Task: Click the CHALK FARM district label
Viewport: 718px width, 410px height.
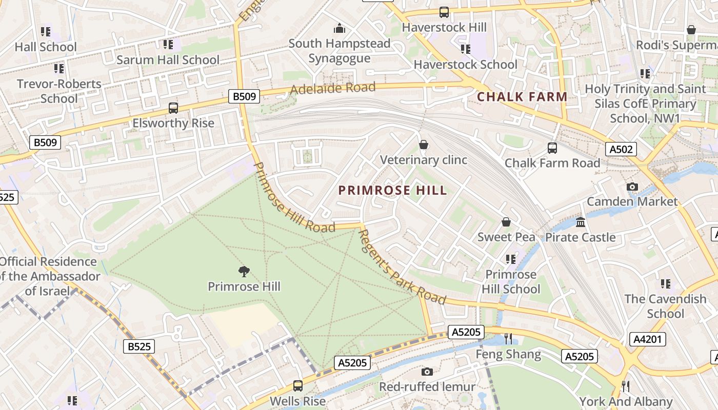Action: (x=522, y=96)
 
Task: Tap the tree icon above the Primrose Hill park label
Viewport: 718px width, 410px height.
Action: (x=244, y=272)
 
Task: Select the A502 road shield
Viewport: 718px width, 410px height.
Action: (x=621, y=149)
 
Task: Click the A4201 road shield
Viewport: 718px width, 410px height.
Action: (x=647, y=339)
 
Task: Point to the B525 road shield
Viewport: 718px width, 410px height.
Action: (x=139, y=347)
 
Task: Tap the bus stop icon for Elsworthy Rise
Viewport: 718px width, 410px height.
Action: (x=173, y=108)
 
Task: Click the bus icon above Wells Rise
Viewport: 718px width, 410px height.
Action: (x=297, y=386)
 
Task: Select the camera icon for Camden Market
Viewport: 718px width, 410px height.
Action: (x=632, y=187)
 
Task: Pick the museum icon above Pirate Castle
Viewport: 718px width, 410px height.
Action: (x=581, y=222)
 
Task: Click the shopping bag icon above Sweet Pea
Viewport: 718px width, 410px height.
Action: (x=506, y=222)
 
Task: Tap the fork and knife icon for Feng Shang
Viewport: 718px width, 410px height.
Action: (x=508, y=338)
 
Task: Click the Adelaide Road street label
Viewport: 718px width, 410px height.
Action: (x=333, y=88)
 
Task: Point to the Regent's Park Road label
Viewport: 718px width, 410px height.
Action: (x=401, y=266)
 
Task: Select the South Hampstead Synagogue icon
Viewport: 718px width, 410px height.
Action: (x=339, y=28)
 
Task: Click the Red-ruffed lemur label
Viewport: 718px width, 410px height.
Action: (x=427, y=386)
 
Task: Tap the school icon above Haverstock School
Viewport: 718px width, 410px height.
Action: (x=465, y=49)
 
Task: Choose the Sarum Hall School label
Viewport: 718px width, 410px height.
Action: (x=168, y=59)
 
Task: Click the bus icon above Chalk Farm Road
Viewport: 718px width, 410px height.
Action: (x=552, y=148)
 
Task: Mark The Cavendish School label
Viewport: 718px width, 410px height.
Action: (x=665, y=306)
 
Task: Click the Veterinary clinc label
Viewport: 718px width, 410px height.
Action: (x=424, y=160)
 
